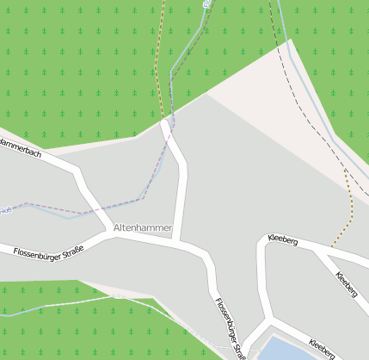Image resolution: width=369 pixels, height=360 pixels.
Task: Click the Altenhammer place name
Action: click(143, 228)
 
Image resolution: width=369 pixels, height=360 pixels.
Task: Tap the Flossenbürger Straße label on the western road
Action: click(47, 251)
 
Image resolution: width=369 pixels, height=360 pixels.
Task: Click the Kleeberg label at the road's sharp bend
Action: click(283, 240)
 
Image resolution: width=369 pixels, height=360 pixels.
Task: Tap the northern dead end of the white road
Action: click(165, 124)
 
